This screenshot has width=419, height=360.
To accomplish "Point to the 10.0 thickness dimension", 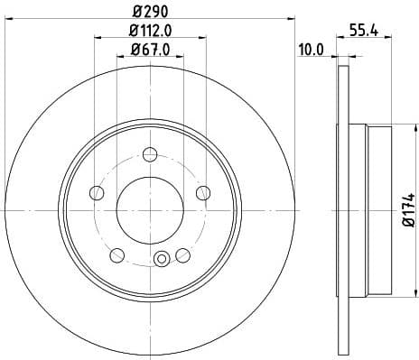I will [x=311, y=51].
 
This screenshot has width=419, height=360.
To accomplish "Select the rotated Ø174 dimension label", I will [x=409, y=208].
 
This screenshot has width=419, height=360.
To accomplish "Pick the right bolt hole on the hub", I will [x=202, y=191].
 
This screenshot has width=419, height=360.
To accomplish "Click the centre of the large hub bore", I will [x=150, y=208].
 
